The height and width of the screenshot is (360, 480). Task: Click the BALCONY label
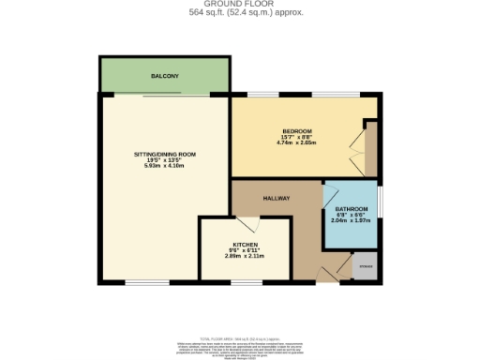pos(164,75)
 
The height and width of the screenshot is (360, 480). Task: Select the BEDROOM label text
pos(296,130)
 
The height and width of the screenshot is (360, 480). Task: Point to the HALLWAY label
pos(276,198)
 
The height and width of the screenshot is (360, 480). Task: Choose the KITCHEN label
pos(245,242)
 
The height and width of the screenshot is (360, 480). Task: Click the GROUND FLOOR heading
pos(239,6)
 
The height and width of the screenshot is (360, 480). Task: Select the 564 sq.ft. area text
pos(239,14)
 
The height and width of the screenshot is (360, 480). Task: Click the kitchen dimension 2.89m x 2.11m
pos(245,255)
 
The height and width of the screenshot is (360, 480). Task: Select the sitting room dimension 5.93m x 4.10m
pos(164,166)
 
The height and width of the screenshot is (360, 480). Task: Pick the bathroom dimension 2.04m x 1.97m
pos(352,221)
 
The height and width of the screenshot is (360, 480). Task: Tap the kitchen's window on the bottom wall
pos(246,282)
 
